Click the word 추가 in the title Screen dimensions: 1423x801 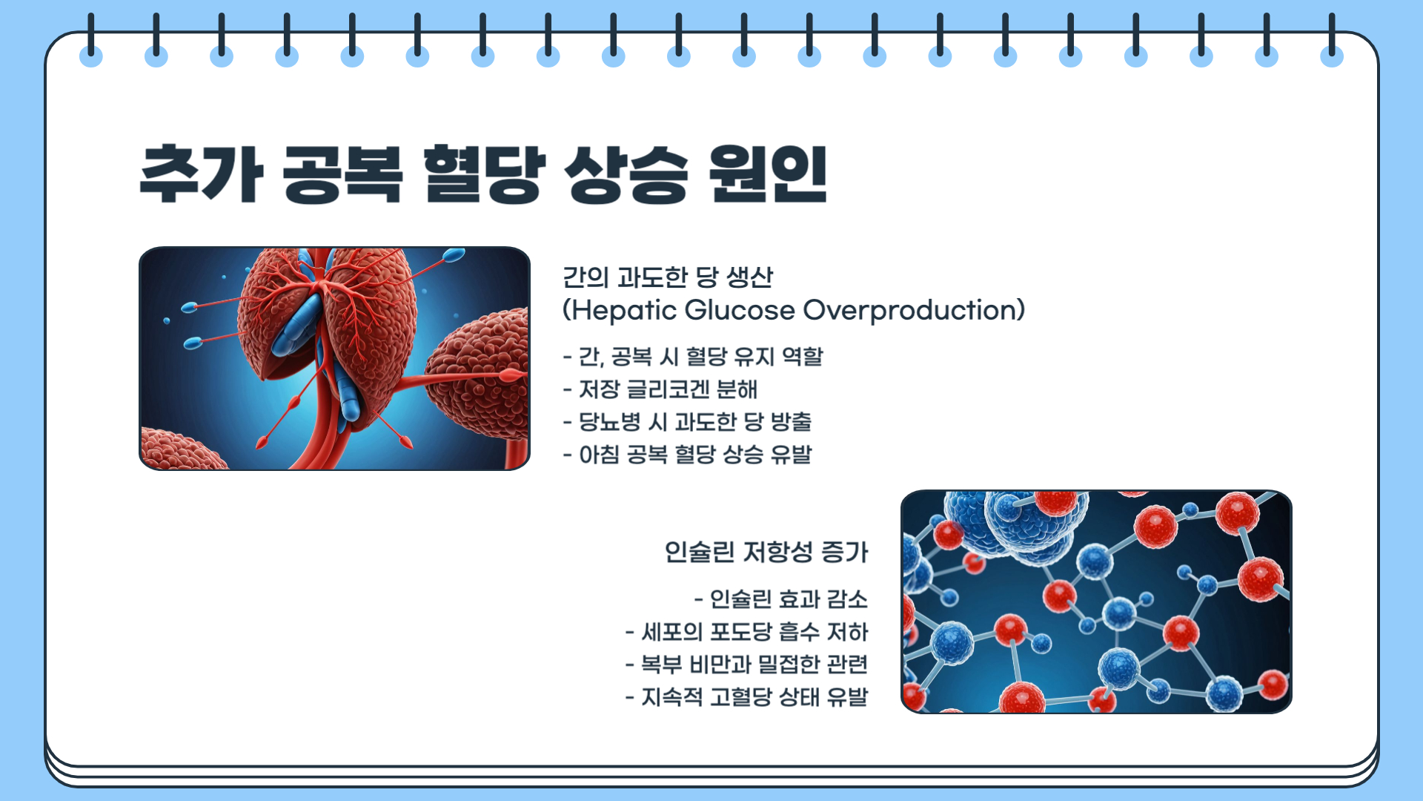click(x=202, y=174)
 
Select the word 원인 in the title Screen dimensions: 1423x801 click(x=768, y=174)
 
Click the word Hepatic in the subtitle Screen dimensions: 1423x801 click(x=620, y=310)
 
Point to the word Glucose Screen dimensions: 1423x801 click(x=740, y=310)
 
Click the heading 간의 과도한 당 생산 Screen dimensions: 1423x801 click(x=668, y=277)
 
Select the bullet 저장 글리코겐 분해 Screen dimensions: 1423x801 click(x=660, y=389)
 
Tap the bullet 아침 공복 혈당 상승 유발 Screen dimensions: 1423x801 click(x=688, y=455)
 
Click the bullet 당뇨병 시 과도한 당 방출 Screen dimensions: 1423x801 click(x=688, y=422)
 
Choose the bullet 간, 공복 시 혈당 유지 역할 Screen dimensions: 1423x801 click(x=693, y=357)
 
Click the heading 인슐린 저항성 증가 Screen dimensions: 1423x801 click(x=766, y=552)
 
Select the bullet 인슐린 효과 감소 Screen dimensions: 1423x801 click(x=781, y=599)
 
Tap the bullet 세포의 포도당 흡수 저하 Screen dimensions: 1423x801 click(x=747, y=632)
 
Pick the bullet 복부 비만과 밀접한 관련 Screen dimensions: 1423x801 click(x=747, y=665)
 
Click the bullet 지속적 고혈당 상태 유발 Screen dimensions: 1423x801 click(x=747, y=697)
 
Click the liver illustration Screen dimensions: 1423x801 click(x=334, y=359)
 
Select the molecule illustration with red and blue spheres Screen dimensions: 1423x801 click(x=1096, y=601)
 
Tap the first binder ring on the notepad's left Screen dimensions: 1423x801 click(x=91, y=41)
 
